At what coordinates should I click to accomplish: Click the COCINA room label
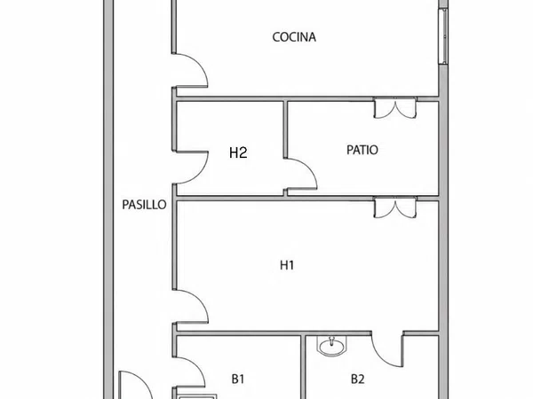294,37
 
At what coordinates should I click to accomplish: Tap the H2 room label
238,153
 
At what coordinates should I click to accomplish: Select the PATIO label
362,150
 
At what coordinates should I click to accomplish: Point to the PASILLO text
144,205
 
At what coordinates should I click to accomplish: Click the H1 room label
287,265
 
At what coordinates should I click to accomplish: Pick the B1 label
238,379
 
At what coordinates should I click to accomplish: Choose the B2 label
358,379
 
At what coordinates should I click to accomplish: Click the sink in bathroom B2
331,346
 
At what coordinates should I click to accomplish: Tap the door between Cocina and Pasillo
190,71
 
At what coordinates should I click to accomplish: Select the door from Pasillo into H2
190,168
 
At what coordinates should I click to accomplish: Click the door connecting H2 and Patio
301,174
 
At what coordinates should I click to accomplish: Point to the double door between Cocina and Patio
395,108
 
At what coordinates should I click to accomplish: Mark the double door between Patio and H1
395,207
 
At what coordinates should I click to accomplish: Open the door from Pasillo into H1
190,307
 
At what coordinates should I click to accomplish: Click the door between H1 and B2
387,349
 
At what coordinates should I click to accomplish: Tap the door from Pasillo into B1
189,372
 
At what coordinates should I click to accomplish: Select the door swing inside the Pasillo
135,386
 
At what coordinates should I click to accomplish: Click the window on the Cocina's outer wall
443,36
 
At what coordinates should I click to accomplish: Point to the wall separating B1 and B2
303,367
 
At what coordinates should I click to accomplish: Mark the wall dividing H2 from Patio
285,129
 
